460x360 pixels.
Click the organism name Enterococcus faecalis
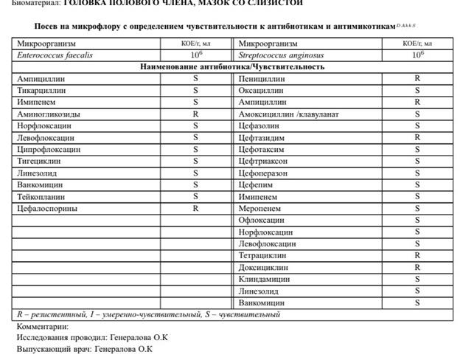pos(55,55)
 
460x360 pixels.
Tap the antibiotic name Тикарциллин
pos(42,90)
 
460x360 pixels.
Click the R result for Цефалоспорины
pos(196,209)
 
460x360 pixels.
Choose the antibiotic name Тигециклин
pos(41,161)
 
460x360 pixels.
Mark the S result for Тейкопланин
pos(196,196)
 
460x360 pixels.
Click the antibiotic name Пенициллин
pos(262,78)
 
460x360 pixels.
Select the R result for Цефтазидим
pos(417,137)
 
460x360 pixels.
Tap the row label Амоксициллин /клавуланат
pos(289,114)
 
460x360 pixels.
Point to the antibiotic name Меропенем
pos(260,209)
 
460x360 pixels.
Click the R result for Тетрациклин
pos(417,255)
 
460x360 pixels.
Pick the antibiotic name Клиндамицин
pos(264,279)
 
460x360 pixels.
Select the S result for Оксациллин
pos(417,90)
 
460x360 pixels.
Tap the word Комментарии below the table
pos(43,326)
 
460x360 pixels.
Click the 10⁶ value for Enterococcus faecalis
pos(196,55)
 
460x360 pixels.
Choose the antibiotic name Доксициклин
pos(263,267)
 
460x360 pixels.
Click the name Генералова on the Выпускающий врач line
pos(115,349)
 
